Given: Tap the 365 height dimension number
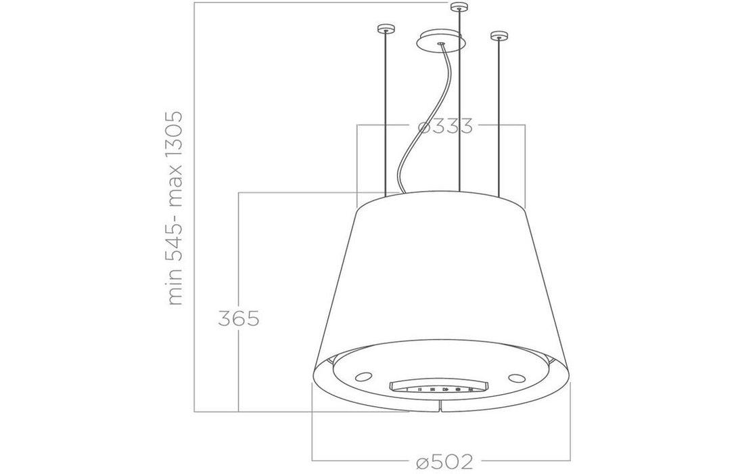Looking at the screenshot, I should tap(239, 318).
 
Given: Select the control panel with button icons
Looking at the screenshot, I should tap(439, 388).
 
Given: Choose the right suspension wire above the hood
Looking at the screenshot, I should tap(499, 115).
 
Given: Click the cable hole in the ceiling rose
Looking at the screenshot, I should tap(441, 45).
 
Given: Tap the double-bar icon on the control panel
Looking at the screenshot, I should tap(420, 389).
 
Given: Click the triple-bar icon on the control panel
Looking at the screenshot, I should tap(431, 389).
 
